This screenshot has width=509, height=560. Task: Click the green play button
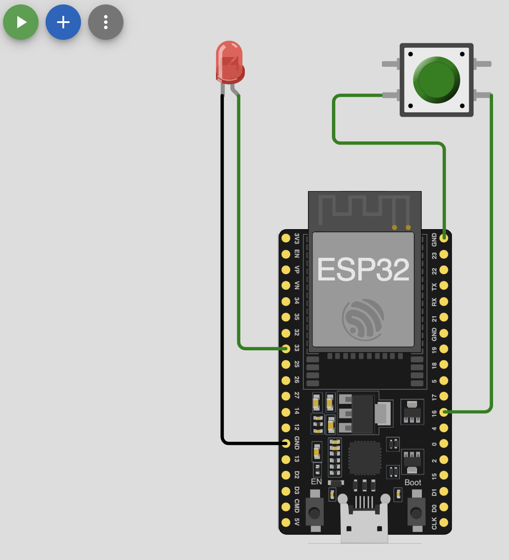[x=21, y=22]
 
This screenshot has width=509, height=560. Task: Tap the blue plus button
[x=63, y=22]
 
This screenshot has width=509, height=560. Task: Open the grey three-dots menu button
[x=106, y=22]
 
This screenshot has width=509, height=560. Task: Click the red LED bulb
[x=229, y=62]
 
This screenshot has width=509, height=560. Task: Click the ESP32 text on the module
[x=363, y=270]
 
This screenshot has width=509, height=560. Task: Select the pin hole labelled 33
[x=286, y=349]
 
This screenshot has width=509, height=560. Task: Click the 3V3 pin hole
[x=286, y=238]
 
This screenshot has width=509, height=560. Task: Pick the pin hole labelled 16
[x=444, y=412]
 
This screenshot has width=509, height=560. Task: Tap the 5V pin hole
[x=286, y=522]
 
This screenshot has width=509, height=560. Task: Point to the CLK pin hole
[x=444, y=522]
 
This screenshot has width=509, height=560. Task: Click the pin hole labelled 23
[x=444, y=254]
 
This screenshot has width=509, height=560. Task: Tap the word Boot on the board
[x=413, y=483]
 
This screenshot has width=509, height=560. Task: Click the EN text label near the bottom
[x=316, y=482]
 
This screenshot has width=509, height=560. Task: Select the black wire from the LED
[x=222, y=265]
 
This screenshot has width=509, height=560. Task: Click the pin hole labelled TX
[x=444, y=286]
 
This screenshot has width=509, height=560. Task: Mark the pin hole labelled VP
[x=286, y=270]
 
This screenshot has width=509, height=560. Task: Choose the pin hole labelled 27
[x=286, y=396]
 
